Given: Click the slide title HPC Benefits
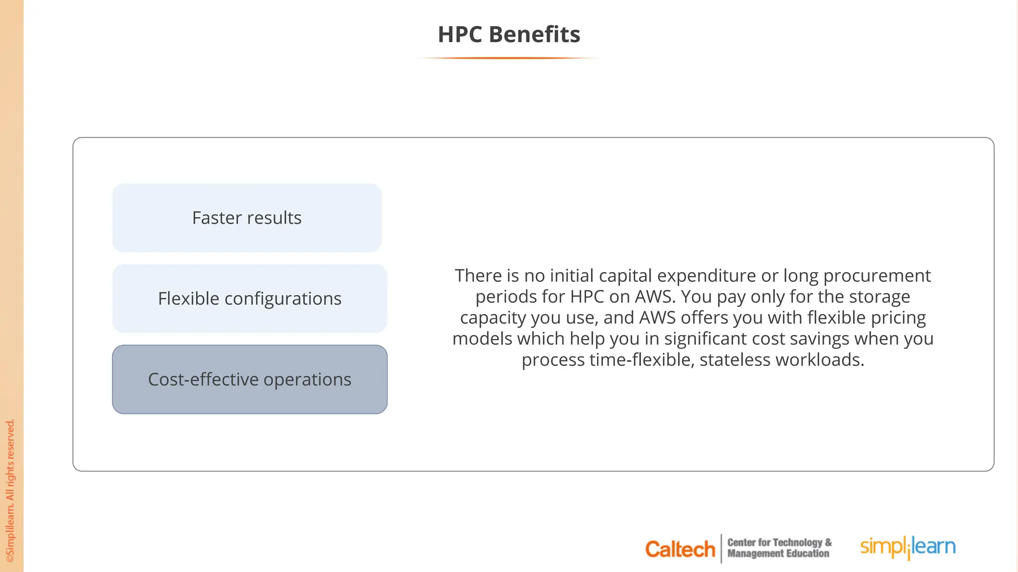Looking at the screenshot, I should coord(509,35).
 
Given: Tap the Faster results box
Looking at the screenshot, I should coord(247,218).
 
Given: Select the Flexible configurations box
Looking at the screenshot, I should coord(250,299).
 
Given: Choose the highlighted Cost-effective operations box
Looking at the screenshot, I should coord(250,380).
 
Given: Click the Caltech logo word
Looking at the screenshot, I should coord(679,549).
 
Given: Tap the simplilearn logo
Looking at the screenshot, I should coord(908,547).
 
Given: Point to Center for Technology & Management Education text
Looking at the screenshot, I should coord(778,548).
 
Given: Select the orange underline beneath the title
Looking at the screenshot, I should coord(509,58).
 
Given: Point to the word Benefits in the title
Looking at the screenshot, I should coord(534,35).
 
